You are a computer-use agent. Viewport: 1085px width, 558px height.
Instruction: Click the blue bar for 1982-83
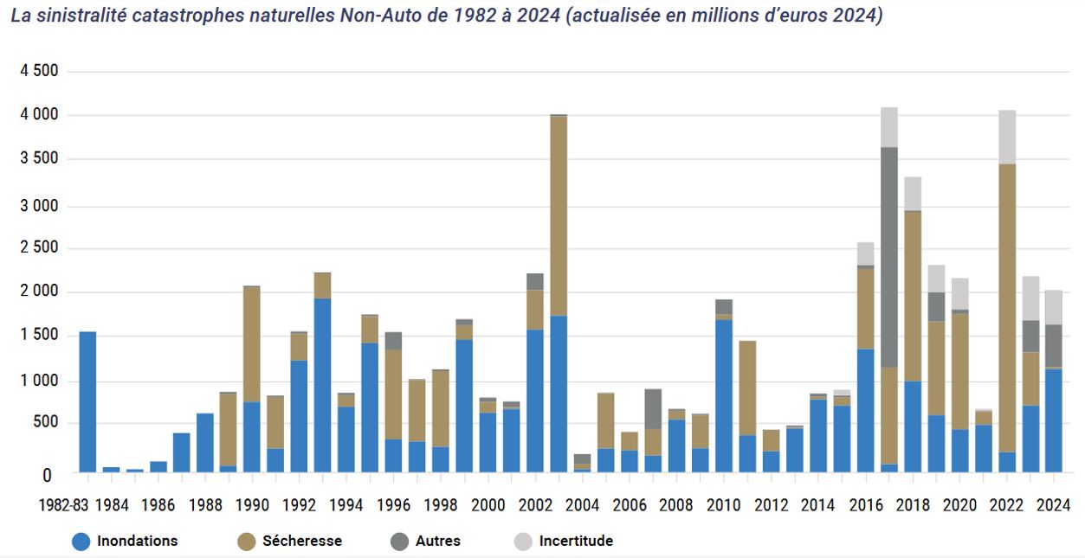(x=87, y=401)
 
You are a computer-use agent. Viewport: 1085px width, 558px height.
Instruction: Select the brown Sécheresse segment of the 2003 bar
(x=559, y=215)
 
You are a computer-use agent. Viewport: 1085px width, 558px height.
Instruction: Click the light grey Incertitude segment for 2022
(x=1006, y=137)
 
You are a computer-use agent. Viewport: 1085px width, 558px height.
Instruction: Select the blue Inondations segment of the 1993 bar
(x=322, y=385)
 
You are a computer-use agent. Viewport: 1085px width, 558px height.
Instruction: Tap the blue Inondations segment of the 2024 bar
(x=1053, y=420)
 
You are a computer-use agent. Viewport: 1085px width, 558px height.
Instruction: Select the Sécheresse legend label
(x=302, y=542)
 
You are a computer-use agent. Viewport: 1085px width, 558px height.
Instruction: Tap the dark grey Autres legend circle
(x=398, y=542)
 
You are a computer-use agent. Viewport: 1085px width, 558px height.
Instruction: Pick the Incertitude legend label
(x=576, y=542)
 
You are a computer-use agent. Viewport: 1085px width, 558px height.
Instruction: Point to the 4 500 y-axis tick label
(x=39, y=71)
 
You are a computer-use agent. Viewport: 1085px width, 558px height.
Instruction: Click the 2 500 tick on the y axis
(x=39, y=248)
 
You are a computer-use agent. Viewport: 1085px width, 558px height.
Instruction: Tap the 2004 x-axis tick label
(x=582, y=505)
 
